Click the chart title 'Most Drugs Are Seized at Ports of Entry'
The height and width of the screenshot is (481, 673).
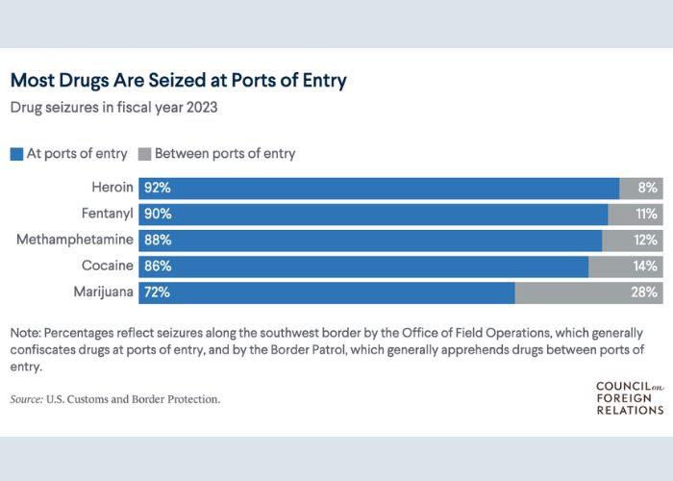click(x=178, y=81)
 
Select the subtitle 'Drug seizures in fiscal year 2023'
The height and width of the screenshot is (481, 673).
click(x=113, y=108)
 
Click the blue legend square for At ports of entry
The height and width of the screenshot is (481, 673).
click(x=16, y=153)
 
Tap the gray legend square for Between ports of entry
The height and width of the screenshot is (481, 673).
click(x=145, y=153)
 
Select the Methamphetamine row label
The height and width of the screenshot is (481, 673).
click(x=74, y=240)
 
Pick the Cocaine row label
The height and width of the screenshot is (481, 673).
click(x=109, y=266)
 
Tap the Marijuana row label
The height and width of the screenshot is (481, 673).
click(x=103, y=291)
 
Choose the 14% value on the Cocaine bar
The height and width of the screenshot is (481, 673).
click(x=645, y=266)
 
